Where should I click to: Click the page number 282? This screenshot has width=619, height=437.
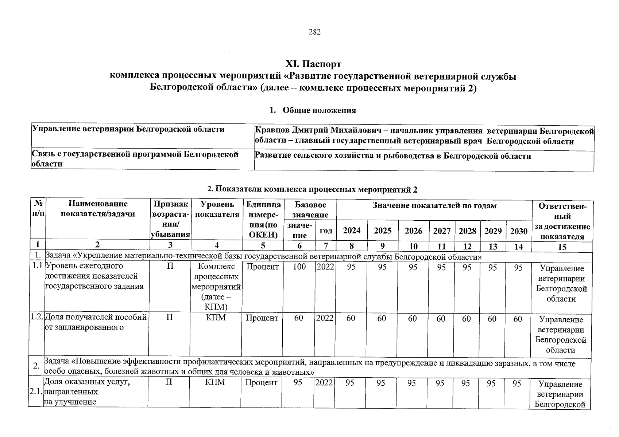tap(314, 32)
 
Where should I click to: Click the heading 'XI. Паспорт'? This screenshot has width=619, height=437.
tap(313, 64)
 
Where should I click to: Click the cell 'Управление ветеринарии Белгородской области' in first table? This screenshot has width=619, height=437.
tap(128, 130)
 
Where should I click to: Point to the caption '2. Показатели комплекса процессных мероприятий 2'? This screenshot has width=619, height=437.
tap(312, 189)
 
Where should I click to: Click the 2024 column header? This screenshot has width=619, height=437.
tap(352, 231)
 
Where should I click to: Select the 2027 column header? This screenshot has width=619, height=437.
tap(442, 231)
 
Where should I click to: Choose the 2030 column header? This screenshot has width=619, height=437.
tap(519, 231)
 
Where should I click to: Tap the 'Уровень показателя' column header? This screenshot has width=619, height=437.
tap(217, 209)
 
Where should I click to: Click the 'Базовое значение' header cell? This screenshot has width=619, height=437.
tap(310, 209)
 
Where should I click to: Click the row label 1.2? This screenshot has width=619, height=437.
tap(37, 318)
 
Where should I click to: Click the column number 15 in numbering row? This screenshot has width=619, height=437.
tap(562, 247)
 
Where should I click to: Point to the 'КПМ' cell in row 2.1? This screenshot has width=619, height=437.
tap(215, 383)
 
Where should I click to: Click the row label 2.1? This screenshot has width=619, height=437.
tap(36, 392)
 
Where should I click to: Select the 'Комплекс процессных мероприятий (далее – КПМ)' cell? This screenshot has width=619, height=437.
tap(216, 287)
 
